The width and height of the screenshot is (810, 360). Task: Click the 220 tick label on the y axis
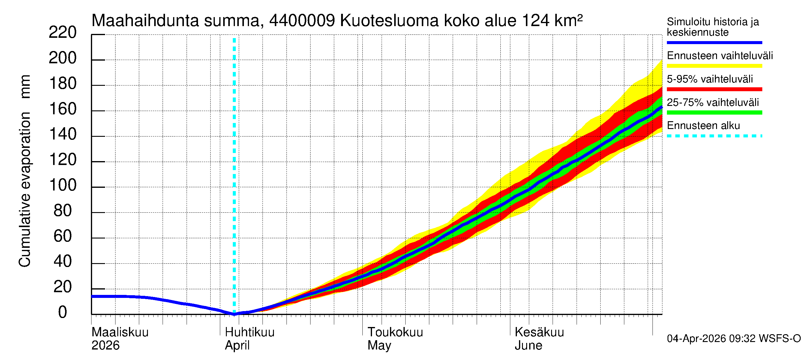(x=62, y=33)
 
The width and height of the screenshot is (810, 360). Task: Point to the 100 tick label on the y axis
(x=63, y=185)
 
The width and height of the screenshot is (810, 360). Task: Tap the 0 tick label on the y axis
(x=63, y=312)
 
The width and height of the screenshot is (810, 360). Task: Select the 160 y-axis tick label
(x=63, y=109)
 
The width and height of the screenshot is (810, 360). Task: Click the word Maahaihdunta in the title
(x=145, y=21)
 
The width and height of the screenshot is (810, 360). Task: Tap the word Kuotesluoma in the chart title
(x=389, y=21)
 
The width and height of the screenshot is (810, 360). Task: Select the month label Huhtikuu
(x=250, y=332)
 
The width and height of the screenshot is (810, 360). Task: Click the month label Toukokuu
(x=395, y=332)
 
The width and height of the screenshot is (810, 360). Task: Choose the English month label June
(x=528, y=346)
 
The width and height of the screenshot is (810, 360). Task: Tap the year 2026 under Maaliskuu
(x=105, y=346)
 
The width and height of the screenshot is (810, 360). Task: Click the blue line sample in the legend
(x=714, y=42)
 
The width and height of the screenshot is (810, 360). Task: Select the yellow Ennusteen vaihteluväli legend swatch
(x=714, y=66)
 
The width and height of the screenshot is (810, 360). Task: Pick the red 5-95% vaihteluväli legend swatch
(x=714, y=89)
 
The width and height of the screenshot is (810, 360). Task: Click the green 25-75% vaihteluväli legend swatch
(x=714, y=112)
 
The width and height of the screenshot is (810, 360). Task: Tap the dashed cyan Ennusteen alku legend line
(x=714, y=136)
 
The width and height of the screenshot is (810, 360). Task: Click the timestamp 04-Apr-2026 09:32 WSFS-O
(x=733, y=339)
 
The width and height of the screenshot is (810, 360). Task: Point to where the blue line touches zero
(x=234, y=314)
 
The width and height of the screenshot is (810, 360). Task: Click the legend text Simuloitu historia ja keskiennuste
(x=712, y=27)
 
